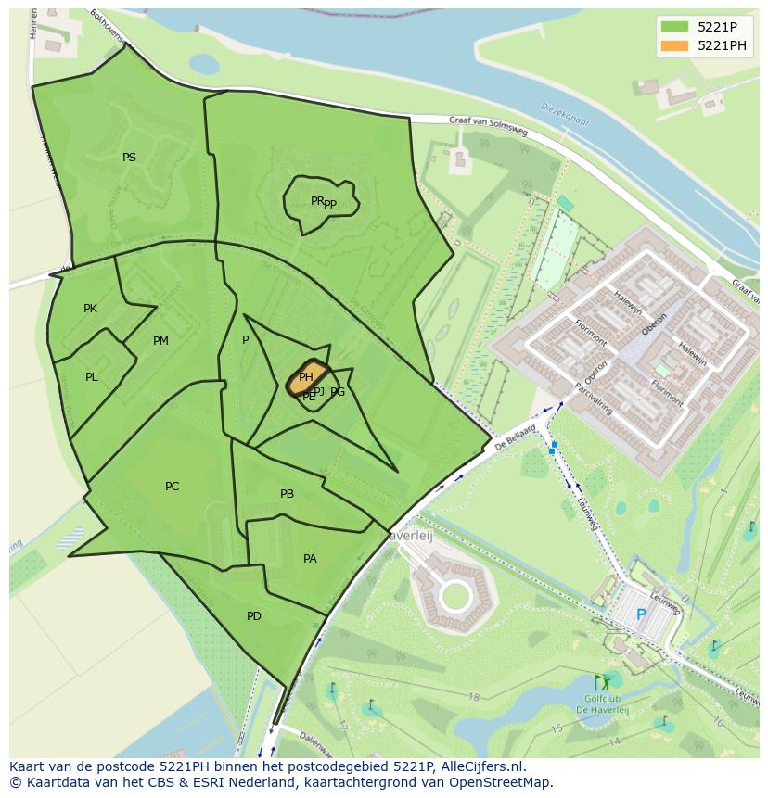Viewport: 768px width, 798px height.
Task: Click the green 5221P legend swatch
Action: (674, 26)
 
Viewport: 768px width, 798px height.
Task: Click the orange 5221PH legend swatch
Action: (674, 45)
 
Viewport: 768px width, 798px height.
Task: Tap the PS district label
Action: (129, 158)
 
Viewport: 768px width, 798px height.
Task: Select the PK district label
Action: (90, 309)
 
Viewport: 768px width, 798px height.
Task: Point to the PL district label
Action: (91, 377)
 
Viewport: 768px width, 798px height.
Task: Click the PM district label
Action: (160, 341)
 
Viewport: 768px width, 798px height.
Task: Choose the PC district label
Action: (172, 487)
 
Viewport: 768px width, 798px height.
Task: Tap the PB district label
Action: (287, 494)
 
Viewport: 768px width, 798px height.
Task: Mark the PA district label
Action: (310, 559)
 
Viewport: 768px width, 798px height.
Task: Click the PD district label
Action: (253, 616)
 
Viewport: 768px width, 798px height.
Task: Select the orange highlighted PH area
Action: (307, 377)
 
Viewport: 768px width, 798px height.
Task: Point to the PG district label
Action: (338, 392)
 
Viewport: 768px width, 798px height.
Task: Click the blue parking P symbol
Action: (640, 614)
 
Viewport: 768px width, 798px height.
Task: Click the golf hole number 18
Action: (473, 697)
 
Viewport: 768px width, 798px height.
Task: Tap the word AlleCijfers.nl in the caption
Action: (482, 767)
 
